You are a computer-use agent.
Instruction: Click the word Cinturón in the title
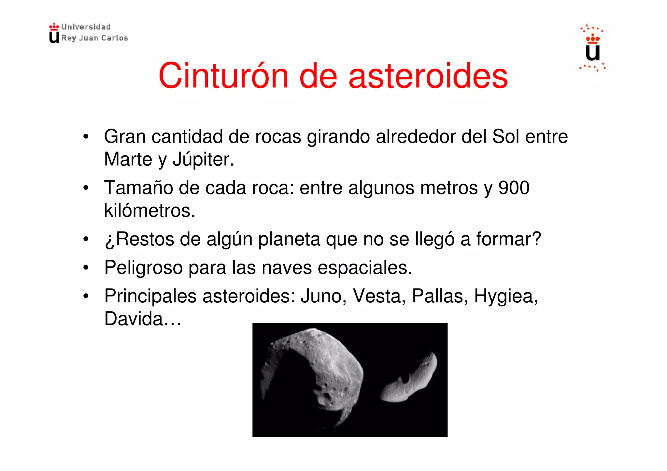223,76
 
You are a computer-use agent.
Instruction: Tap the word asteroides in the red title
428,76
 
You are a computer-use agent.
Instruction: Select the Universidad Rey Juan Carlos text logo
89,33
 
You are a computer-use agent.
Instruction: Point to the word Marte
128,159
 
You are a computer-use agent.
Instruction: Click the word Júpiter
203,160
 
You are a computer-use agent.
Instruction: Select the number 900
514,188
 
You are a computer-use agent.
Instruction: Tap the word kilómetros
149,210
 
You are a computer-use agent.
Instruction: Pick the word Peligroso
143,268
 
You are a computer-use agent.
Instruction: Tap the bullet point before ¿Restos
86,239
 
